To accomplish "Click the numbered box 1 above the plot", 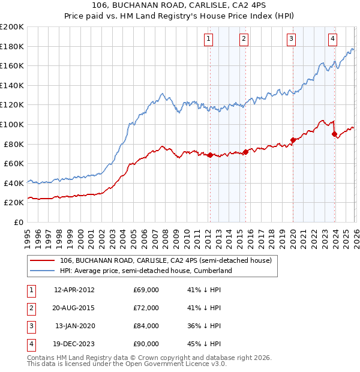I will point(208,40).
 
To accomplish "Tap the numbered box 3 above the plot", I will point(291,40).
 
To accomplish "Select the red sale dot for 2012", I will point(210,155).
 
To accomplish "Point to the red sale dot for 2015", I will point(245,152).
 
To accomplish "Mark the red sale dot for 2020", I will point(293,140).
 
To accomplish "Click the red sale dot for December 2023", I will point(334,134).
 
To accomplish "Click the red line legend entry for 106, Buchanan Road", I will point(165,260).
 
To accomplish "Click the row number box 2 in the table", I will point(30,308).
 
